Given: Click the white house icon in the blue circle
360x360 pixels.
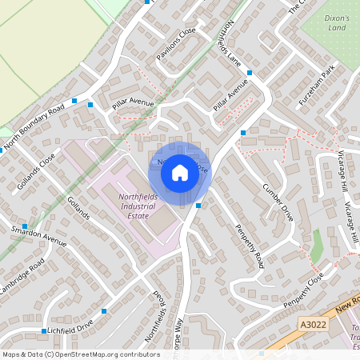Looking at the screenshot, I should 180,172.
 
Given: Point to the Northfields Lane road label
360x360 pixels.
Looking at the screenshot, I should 223,43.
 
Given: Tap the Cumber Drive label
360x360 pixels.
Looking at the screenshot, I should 278,202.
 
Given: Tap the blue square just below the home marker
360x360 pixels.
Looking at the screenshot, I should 198,206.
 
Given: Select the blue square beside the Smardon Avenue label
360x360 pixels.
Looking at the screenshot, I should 25,226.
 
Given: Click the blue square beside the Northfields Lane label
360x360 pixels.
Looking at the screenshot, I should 250,73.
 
